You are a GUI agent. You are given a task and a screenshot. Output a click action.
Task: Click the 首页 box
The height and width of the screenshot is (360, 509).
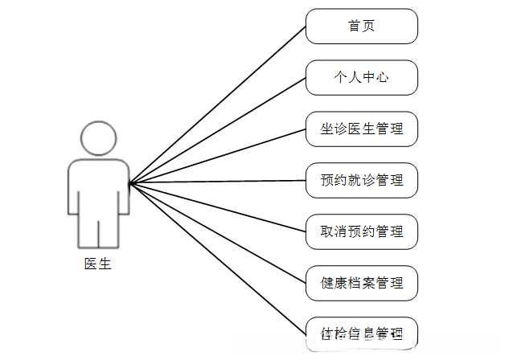click(x=362, y=27)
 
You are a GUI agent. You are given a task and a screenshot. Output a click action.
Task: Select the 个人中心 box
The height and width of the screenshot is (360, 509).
click(x=362, y=78)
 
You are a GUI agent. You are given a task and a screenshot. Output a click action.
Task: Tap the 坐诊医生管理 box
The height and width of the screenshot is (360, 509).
click(x=362, y=129)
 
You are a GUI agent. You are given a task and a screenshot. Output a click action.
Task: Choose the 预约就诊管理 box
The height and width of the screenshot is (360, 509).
click(x=362, y=180)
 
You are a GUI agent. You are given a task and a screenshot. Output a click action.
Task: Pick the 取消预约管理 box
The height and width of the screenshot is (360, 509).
click(x=362, y=231)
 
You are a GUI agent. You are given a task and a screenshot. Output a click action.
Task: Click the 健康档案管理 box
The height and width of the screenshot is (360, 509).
click(x=362, y=283)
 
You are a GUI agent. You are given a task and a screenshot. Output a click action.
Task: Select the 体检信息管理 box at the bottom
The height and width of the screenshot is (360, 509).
click(x=362, y=333)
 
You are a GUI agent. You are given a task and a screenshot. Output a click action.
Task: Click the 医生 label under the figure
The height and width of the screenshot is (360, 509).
click(x=98, y=263)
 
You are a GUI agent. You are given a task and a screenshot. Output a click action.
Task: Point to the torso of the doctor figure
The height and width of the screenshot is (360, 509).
click(x=98, y=185)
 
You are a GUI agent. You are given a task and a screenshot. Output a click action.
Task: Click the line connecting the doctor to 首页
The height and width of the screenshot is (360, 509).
click(x=217, y=104)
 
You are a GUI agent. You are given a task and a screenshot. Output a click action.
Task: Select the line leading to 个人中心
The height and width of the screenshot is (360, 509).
click(x=217, y=130)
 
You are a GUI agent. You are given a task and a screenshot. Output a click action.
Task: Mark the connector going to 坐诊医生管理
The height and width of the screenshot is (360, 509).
click(x=217, y=156)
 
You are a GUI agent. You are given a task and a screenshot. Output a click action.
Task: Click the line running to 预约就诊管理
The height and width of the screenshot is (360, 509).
click(x=217, y=182)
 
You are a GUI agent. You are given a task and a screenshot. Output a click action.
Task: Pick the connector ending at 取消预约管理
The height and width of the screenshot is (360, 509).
click(x=217, y=207)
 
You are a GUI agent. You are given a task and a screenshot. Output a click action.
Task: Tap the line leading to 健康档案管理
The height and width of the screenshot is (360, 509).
click(x=217, y=233)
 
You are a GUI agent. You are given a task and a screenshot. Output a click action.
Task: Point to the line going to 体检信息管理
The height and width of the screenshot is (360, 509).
click(x=217, y=258)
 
